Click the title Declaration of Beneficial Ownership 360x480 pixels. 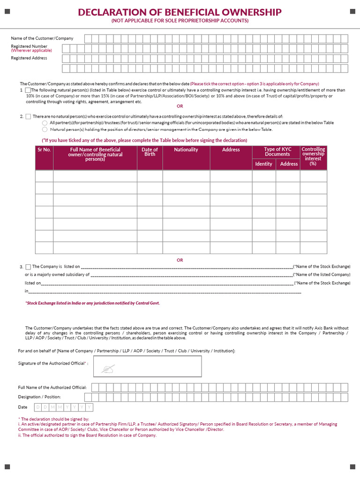180,12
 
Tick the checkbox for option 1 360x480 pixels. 28,90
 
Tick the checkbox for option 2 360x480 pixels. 28,116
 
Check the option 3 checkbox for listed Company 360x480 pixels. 28,267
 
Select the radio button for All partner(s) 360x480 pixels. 45,123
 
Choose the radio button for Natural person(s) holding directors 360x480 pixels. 45,129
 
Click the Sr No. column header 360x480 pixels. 44,150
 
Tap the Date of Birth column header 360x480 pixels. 150,152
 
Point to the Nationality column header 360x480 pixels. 186,150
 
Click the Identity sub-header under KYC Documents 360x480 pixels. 263,164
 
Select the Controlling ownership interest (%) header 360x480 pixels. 313,157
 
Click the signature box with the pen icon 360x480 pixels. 148,366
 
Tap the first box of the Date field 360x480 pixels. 39,407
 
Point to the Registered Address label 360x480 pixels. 29,58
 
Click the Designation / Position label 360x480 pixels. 40,397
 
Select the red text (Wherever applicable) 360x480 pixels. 31,51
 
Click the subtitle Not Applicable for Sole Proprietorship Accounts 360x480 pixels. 180,21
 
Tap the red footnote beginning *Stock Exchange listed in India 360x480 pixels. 92,303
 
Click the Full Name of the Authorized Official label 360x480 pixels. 52,388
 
